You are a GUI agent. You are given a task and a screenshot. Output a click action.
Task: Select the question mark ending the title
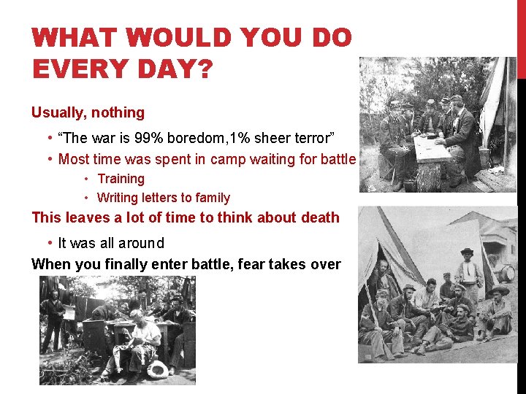coord(205,69)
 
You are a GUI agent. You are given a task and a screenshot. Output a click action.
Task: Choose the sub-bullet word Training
coord(121,179)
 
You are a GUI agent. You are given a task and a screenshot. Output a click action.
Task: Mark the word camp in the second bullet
coord(229,159)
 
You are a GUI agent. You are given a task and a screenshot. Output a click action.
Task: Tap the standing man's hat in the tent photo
coord(467,252)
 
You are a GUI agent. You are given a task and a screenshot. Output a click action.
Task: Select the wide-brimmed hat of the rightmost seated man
coord(500,291)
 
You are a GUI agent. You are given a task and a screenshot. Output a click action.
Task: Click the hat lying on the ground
coord(157,369)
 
